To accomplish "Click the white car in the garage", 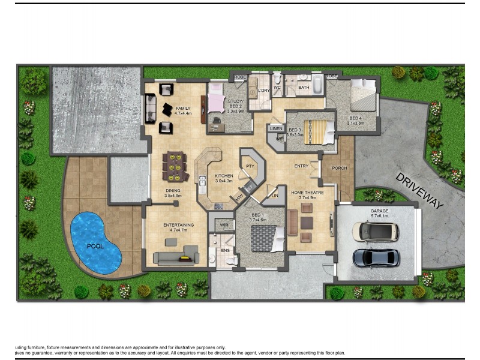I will click(376, 232).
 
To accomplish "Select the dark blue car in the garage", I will click(376, 257).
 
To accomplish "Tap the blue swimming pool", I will click(95, 241).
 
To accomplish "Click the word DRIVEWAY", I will click(419, 190).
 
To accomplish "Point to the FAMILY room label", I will click(183, 109).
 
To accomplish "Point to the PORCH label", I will click(340, 168).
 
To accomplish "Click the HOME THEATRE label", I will click(307, 193).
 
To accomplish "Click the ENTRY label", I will click(301, 166).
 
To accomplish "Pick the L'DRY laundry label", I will click(263, 91).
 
